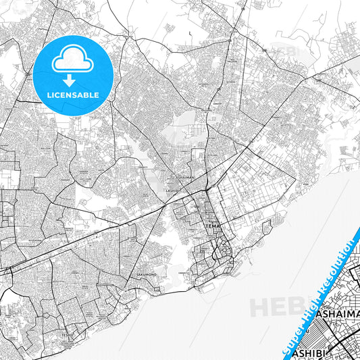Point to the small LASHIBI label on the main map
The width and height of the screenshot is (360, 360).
[x=172, y=191]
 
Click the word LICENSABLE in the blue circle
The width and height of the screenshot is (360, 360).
[x=74, y=95]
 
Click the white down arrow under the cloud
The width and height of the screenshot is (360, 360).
[x=74, y=78]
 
